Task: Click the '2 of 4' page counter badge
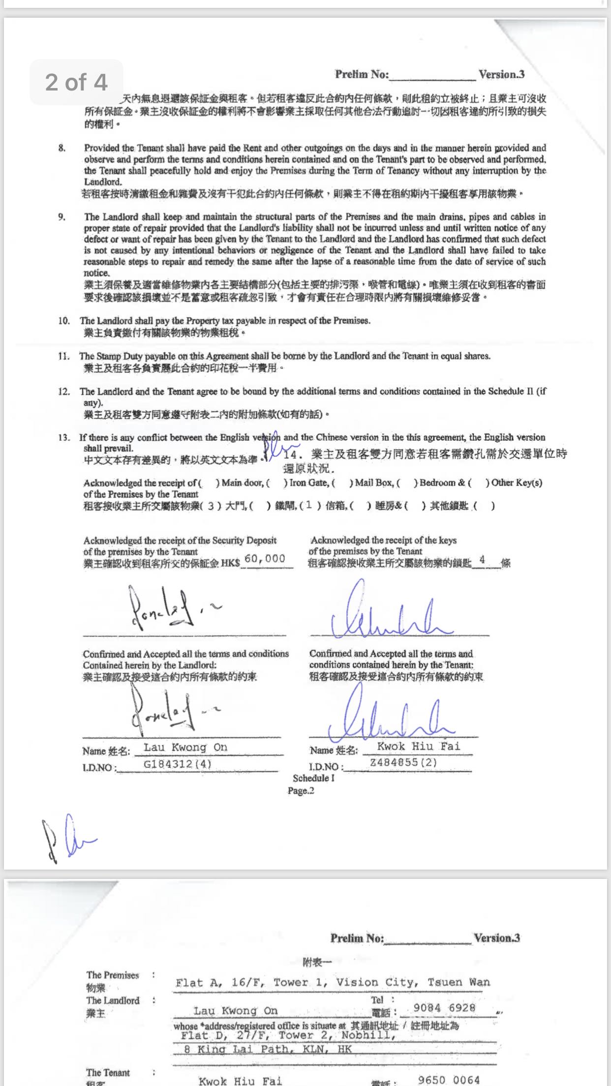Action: pos(76,82)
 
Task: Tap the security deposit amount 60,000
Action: pos(265,558)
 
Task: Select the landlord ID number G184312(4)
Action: pos(177,764)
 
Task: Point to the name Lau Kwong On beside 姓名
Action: pos(185,747)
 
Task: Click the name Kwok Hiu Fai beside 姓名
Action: pos(419,746)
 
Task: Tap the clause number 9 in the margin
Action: pos(61,217)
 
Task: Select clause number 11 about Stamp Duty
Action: pos(63,356)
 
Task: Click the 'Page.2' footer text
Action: pos(301,791)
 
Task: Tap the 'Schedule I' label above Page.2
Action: pos(313,778)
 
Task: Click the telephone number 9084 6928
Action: pos(444,1008)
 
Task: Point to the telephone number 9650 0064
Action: pos(448,1080)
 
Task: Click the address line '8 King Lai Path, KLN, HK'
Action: pos(268,1049)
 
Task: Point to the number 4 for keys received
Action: pos(482,559)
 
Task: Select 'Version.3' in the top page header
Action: pos(501,74)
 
